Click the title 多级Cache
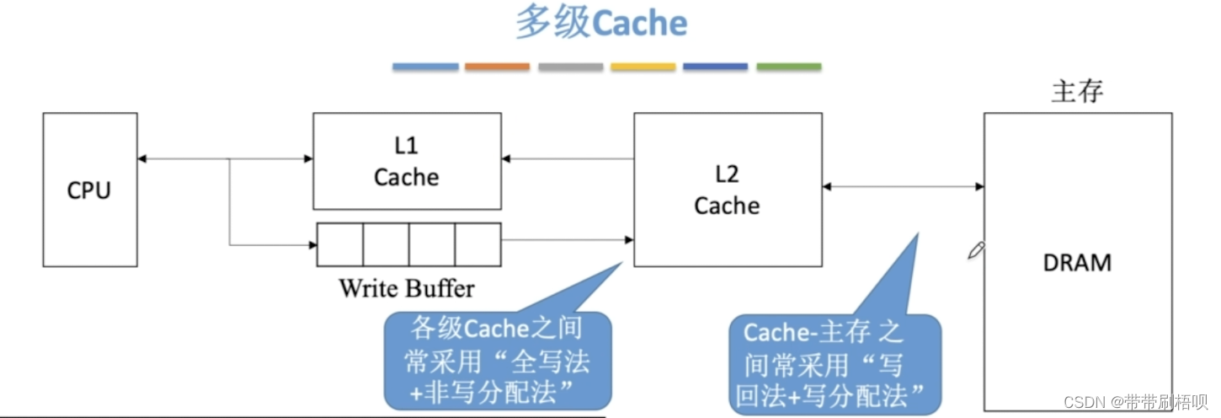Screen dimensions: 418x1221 pos(601,24)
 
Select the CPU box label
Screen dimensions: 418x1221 pos(89,190)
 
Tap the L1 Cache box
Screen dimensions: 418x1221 pos(406,162)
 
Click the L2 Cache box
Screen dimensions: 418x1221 pos(727,190)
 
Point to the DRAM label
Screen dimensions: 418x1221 pos(1077,262)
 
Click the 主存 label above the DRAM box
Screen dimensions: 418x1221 pos(1077,91)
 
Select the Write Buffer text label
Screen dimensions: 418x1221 pos(407,288)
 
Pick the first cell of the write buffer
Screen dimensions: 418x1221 pos(340,244)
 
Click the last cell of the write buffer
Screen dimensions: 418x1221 pos(477,244)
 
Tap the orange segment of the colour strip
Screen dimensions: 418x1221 pos(497,67)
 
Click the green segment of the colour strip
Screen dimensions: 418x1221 pos(788,67)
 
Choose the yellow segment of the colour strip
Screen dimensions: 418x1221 pos(642,67)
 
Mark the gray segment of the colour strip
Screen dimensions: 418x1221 pos(570,67)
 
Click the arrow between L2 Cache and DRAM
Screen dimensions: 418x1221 pos(903,186)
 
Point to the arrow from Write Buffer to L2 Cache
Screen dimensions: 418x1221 pos(567,240)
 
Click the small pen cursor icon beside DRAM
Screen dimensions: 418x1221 pos(976,249)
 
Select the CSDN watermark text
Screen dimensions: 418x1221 pos(1135,401)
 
